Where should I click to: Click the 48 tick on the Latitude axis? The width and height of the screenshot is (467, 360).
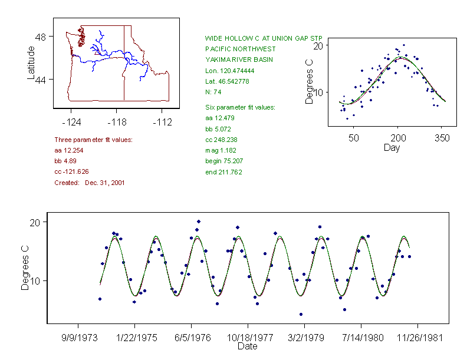pyautogui.click(x=41, y=37)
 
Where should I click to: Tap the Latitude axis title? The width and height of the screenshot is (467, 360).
pyautogui.click(x=31, y=62)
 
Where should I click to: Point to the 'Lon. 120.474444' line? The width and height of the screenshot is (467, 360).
pyautogui.click(x=230, y=71)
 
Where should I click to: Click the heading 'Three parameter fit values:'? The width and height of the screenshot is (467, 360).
pyautogui.click(x=93, y=140)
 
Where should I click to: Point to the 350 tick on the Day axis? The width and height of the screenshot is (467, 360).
pyautogui.click(x=442, y=138)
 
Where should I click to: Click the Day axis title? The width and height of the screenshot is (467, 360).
pyautogui.click(x=392, y=147)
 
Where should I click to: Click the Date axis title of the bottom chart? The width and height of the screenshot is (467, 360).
pyautogui.click(x=247, y=346)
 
